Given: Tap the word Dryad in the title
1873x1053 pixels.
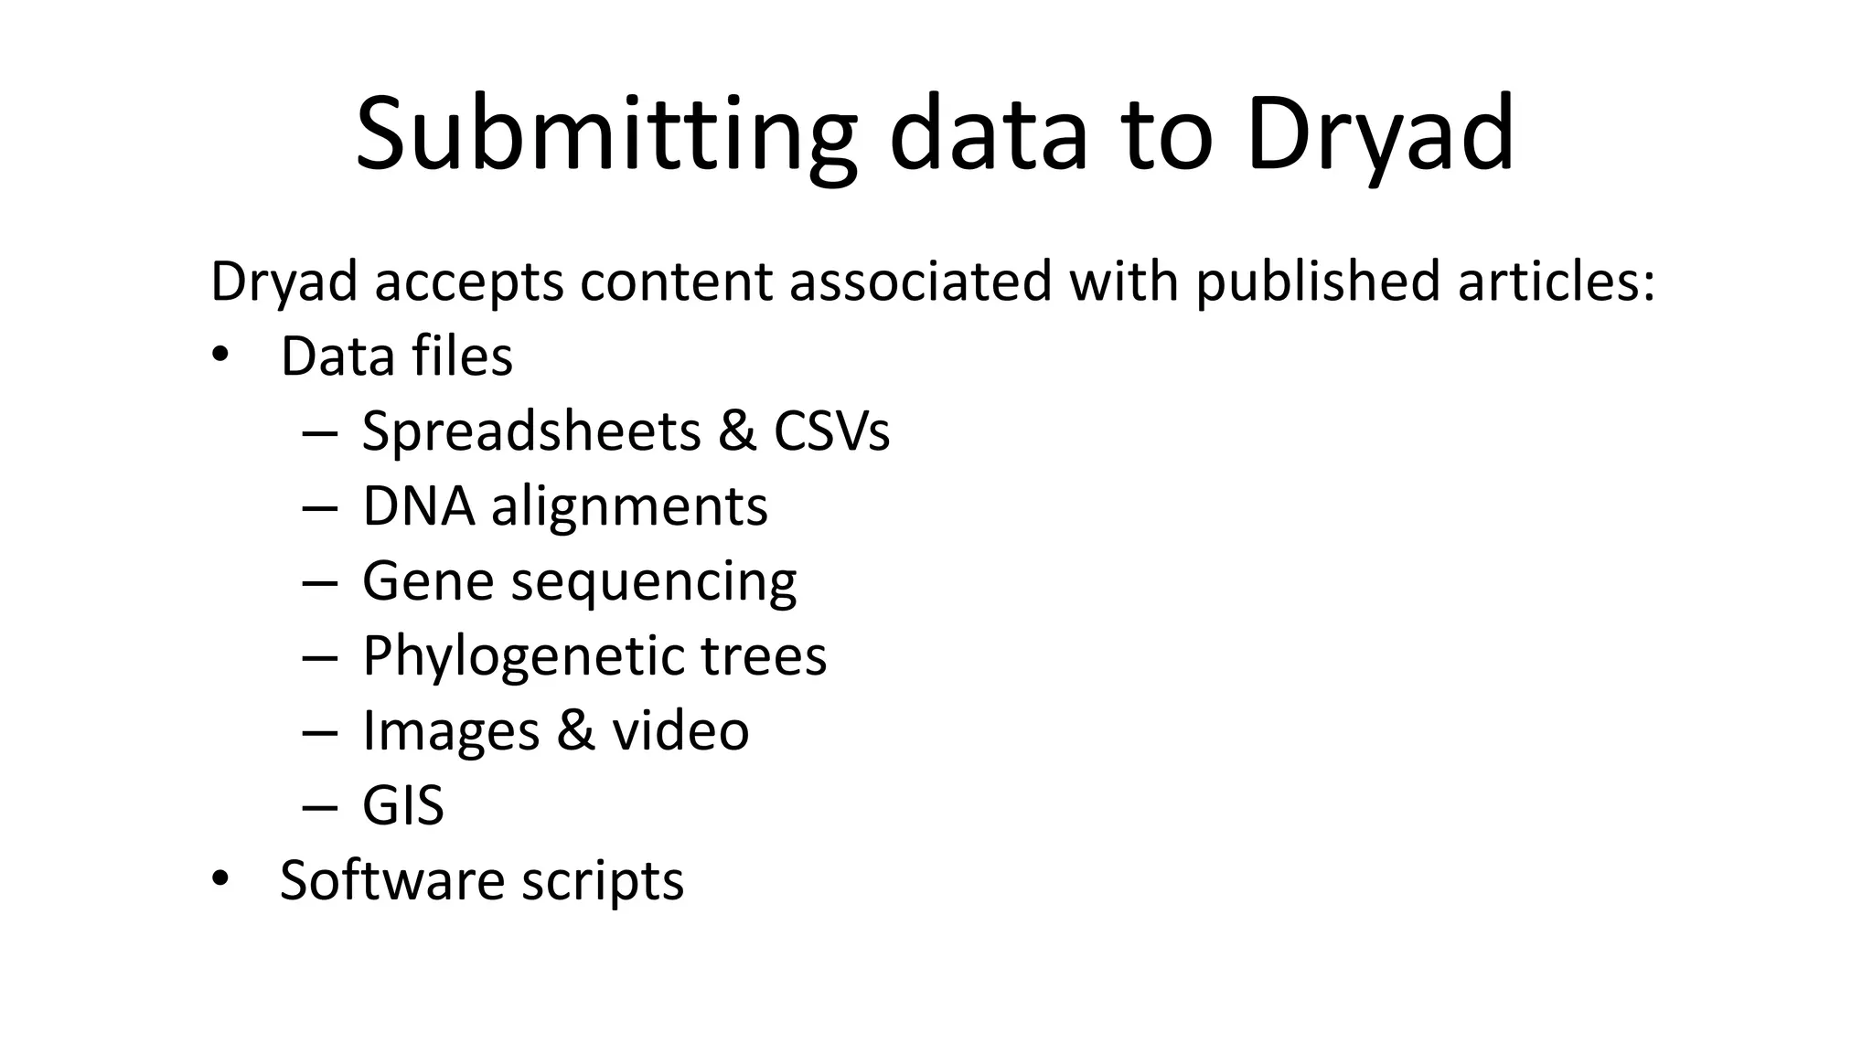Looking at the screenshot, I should [1379, 135].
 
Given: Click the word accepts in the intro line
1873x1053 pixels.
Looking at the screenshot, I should [469, 282].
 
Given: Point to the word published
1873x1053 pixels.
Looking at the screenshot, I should [1318, 282].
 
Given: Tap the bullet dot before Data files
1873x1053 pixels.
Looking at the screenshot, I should [219, 356].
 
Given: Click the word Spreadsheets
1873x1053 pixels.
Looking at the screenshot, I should [531, 431].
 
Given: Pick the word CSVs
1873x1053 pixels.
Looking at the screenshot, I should [831, 431].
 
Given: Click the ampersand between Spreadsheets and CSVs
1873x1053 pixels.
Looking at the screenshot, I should [737, 431].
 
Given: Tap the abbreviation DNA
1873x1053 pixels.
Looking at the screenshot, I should [418, 506].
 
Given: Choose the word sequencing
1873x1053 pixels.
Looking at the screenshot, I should [653, 582].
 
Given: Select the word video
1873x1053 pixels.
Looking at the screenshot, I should [680, 731].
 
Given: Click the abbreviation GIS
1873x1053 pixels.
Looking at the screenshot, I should [403, 806].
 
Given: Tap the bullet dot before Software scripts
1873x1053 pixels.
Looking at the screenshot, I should [219, 880].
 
